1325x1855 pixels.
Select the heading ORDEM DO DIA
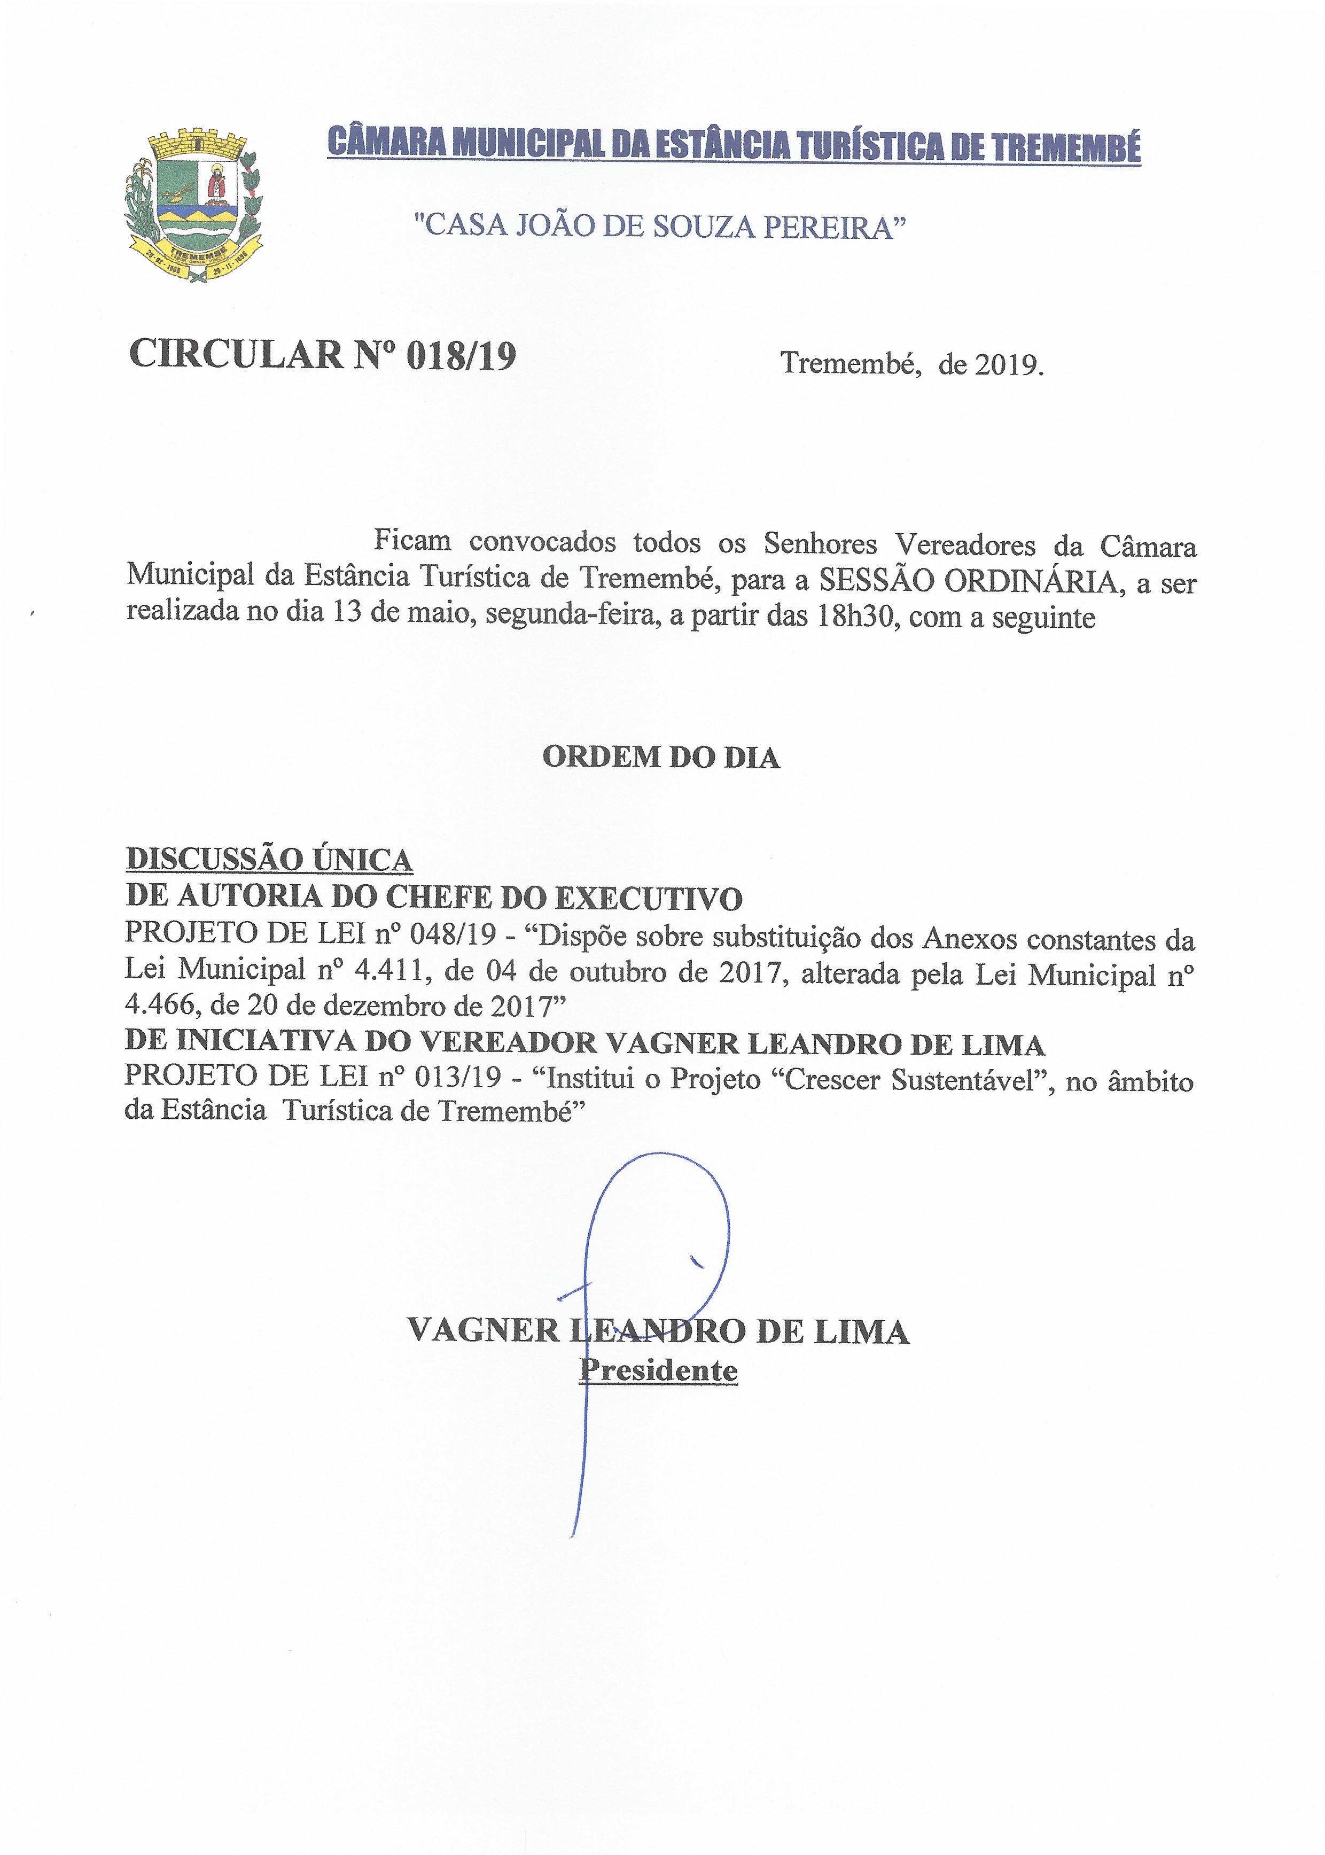point(661,757)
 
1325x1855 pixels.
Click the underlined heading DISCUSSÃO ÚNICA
point(269,860)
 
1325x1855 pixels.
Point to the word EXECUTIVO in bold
point(649,898)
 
